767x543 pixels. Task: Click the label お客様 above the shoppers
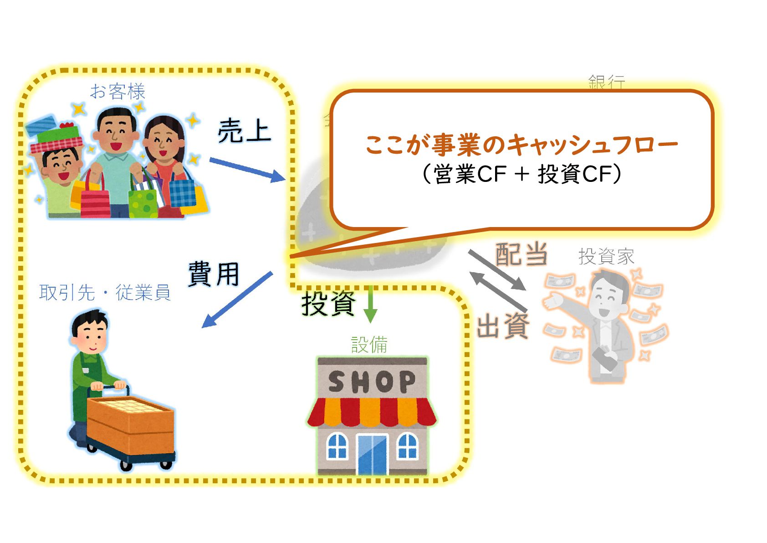117,92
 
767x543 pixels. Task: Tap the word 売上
244,131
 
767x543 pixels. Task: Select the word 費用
214,274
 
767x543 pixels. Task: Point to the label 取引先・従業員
105,293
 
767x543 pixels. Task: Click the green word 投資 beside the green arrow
328,303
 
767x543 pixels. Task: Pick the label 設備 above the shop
369,345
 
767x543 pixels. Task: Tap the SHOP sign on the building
372,382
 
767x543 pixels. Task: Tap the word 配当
521,254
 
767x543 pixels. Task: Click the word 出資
503,326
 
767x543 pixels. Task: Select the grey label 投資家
606,257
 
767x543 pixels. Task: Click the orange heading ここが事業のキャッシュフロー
521,145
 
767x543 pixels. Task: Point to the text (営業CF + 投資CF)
521,174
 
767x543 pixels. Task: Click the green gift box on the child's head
58,134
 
